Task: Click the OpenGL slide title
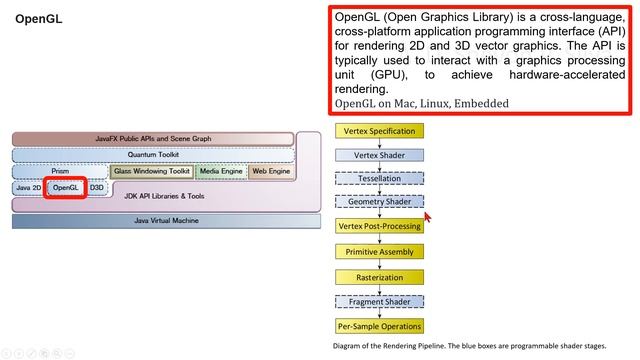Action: coord(39,19)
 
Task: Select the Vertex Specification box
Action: coord(380,132)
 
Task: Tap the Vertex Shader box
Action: coord(380,155)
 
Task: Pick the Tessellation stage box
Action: coord(380,178)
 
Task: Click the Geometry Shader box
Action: coord(380,202)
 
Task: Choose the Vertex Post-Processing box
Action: coord(380,226)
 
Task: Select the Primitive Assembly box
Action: coord(380,252)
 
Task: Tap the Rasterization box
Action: coord(380,277)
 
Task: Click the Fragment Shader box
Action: coord(380,302)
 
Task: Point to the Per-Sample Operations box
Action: coord(380,326)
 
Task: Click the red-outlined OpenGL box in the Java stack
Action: coord(65,188)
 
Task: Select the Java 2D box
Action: coord(28,188)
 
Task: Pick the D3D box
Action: coord(97,188)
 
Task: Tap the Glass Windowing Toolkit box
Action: coord(151,172)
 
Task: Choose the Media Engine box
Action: coord(220,172)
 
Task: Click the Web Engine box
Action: coord(271,172)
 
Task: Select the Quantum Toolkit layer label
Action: coord(153,155)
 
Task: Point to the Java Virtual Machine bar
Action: coord(153,220)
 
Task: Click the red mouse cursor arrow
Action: coord(427,215)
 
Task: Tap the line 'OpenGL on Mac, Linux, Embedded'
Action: coord(421,103)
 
